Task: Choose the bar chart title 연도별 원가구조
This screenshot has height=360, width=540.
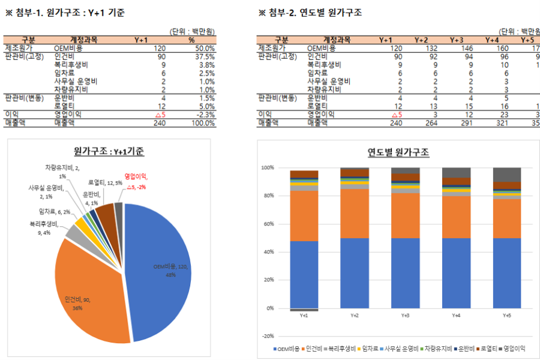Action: click(398, 152)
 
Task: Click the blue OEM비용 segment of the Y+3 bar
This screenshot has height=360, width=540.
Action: click(406, 273)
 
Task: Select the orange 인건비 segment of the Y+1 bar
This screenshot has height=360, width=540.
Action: click(304, 216)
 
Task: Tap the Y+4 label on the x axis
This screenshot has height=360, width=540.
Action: click(456, 315)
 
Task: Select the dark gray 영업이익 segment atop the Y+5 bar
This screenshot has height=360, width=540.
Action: click(507, 175)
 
